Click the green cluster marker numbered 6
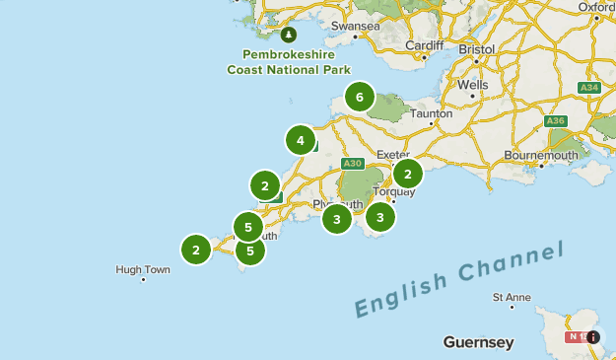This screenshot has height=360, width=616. tap(360, 98)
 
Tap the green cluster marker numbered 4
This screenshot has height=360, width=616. tap(301, 141)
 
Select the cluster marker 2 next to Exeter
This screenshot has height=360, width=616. tap(407, 174)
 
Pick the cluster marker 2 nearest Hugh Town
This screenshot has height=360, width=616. tap(196, 250)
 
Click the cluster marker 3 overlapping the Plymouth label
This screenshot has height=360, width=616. tap(336, 219)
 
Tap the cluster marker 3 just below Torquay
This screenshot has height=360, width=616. tap(379, 216)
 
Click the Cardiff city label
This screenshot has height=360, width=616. tap(425, 44)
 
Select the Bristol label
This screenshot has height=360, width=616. tap(476, 48)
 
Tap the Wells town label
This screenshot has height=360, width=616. tap(472, 85)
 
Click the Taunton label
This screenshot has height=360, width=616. tap(432, 113)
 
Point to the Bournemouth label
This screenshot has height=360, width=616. tap(539, 155)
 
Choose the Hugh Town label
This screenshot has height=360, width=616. tap(143, 269)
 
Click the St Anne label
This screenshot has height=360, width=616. tap(512, 297)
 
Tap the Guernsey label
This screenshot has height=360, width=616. tap(478, 343)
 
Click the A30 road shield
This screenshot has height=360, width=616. tap(353, 163)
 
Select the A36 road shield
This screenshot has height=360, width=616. tap(556, 121)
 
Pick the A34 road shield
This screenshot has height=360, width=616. tap(589, 88)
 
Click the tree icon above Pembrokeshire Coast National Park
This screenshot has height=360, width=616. tap(289, 35)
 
